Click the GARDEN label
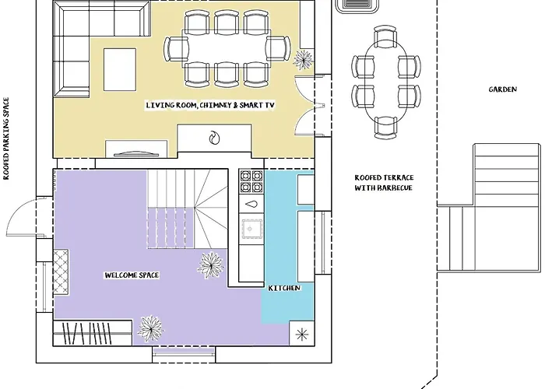coord(503,89)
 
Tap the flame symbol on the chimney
coord(214,138)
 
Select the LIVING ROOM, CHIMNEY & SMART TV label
coord(210,105)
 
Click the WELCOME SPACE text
coord(132,275)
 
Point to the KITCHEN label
coord(284,288)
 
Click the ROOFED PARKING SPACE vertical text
coord(6,138)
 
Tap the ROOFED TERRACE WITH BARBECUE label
coord(384,183)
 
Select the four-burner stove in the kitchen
coord(251,181)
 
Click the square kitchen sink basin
coord(251,229)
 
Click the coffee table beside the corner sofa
coord(120,69)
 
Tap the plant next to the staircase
coord(211,264)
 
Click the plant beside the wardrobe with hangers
coord(150,328)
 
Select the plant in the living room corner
coord(303,60)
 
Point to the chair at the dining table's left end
coord(176,48)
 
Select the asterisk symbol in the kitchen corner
coord(302,335)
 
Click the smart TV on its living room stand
coord(136,153)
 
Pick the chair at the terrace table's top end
coord(385,35)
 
